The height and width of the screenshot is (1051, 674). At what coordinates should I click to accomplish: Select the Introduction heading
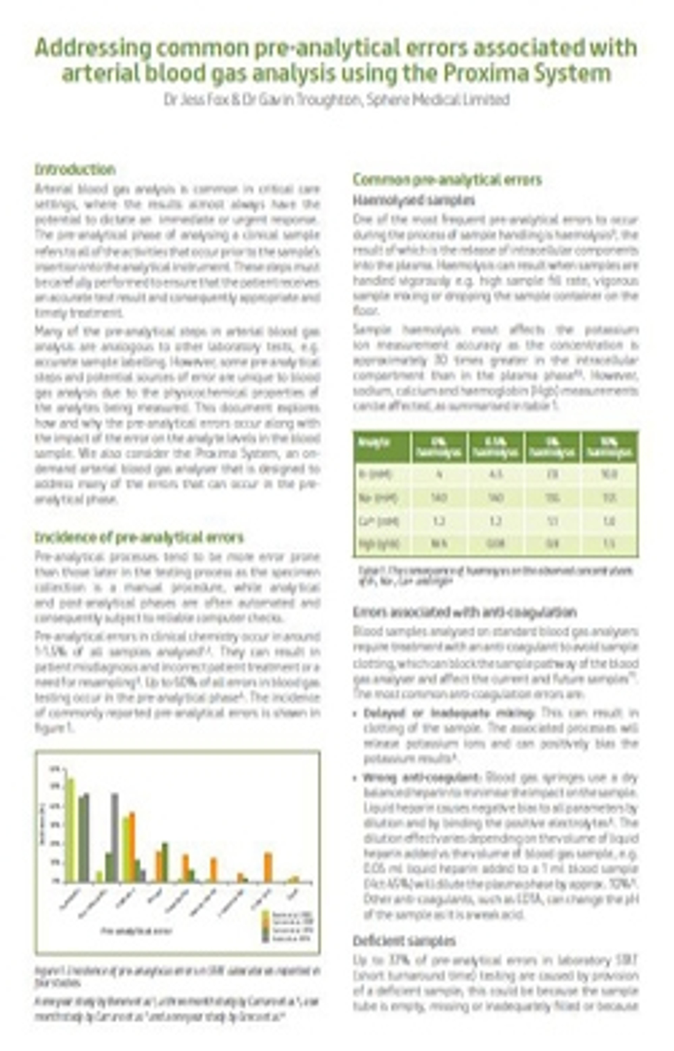coord(75,169)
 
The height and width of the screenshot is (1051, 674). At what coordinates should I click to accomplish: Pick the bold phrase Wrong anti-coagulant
coord(422,778)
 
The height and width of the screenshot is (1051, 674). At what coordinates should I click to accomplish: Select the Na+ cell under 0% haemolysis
coord(439,498)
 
